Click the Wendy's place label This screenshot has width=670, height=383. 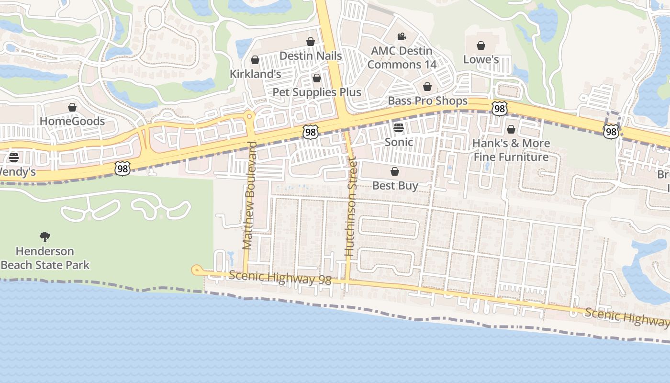click(x=17, y=171)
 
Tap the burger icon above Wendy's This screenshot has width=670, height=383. click(x=14, y=158)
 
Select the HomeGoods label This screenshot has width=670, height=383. click(x=72, y=121)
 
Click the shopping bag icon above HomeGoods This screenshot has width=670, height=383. click(x=72, y=107)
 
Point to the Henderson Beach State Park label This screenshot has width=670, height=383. click(x=45, y=258)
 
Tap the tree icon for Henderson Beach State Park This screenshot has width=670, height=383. click(x=45, y=237)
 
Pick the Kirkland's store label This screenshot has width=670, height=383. click(x=255, y=74)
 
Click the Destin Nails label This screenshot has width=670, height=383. click(x=311, y=56)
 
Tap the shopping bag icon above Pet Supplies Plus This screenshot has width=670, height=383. click(x=316, y=78)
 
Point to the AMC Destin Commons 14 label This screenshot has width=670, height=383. click(x=402, y=57)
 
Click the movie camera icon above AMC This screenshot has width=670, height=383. click(x=402, y=37)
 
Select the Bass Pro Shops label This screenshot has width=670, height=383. click(x=427, y=101)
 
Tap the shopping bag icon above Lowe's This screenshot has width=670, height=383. click(x=481, y=45)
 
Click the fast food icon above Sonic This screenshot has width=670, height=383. click(x=399, y=128)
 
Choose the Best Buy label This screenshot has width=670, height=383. click(x=395, y=185)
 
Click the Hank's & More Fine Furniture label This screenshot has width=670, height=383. click(x=511, y=150)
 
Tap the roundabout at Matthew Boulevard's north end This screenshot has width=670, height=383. click(x=249, y=116)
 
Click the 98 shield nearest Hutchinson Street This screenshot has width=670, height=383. click(x=310, y=132)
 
